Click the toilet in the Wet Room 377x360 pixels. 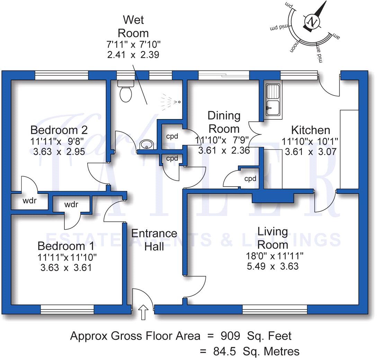click(125, 92)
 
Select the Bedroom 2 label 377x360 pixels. click(59, 130)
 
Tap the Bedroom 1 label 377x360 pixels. click(66, 246)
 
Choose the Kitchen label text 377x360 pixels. click(311, 130)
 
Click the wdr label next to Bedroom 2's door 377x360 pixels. click(29, 200)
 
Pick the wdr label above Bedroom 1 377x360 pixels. click(71, 205)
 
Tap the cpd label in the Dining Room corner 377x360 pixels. click(250, 179)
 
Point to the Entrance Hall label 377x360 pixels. click(154, 240)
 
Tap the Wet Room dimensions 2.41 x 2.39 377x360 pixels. click(133, 55)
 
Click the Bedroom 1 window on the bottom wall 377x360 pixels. click(68, 309)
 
